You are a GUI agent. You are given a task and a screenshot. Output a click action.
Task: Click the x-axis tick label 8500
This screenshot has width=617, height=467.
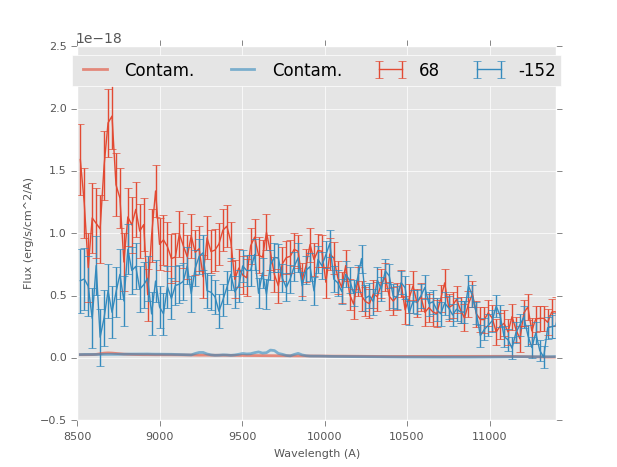tap(78, 436)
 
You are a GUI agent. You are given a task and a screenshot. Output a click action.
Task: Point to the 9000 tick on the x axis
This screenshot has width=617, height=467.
tap(160, 436)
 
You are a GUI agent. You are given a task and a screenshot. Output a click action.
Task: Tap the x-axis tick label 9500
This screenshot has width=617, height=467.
tap(242, 436)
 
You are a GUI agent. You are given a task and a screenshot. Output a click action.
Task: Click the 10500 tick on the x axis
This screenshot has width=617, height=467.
tap(407, 436)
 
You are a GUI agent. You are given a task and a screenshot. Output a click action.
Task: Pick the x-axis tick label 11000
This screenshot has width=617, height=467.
tap(489, 436)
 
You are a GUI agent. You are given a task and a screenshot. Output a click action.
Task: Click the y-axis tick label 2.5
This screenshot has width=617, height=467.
tap(58, 47)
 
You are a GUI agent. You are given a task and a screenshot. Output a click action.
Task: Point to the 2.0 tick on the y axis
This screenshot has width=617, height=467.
tap(58, 109)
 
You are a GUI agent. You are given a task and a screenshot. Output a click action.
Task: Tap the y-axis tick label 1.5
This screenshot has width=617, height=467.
tap(58, 172)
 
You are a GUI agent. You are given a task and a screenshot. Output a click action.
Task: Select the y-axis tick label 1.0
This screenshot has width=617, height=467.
tap(58, 234)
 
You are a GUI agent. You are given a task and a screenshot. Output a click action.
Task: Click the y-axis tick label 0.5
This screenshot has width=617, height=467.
tap(58, 296)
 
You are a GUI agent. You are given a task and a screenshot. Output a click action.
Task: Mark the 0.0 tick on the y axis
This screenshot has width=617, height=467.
tap(58, 358)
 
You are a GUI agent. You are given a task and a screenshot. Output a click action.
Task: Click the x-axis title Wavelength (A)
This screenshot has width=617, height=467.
tap(317, 453)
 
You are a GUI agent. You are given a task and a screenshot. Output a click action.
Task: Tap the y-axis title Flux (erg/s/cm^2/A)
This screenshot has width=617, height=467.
tap(29, 233)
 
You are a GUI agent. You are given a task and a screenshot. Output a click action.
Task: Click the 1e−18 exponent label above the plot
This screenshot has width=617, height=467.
tap(99, 39)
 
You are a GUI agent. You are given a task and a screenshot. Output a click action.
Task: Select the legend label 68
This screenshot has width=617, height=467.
tap(429, 70)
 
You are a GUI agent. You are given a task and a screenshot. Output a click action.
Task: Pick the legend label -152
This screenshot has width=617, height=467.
tap(537, 70)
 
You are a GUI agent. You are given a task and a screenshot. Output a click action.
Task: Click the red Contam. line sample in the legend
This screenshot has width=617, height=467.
tap(96, 70)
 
